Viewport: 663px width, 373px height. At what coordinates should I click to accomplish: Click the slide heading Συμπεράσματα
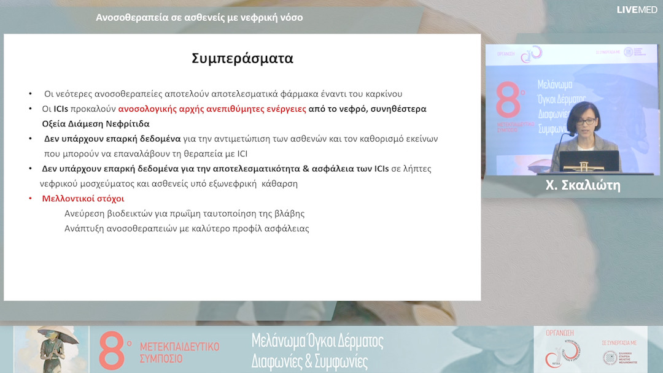pyautogui.click(x=242, y=59)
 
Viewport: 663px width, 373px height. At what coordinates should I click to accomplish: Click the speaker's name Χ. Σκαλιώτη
pyautogui.click(x=583, y=186)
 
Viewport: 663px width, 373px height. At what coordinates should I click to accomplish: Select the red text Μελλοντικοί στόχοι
pyautogui.click(x=83, y=199)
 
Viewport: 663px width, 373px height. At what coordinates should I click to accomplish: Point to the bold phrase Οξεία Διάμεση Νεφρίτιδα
pyautogui.click(x=96, y=123)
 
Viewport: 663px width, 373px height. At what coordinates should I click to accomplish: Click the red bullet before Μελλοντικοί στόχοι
pyautogui.click(x=31, y=199)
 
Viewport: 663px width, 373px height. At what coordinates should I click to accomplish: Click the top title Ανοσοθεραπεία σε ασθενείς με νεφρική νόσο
pyautogui.click(x=200, y=18)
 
